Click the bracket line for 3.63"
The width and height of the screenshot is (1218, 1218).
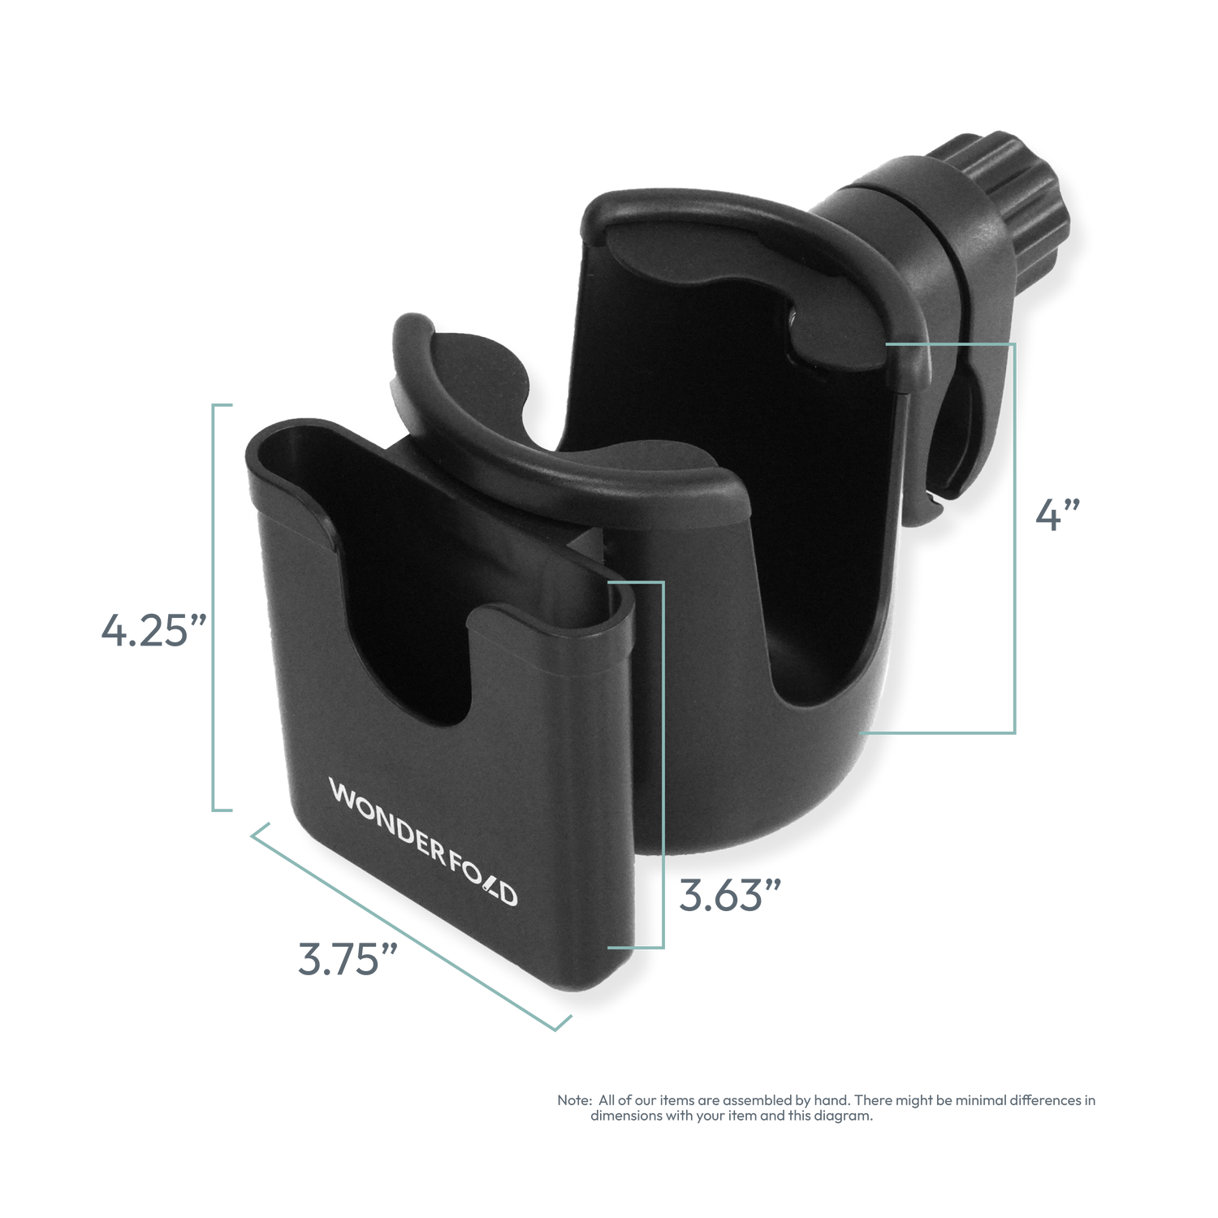(x=663, y=763)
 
